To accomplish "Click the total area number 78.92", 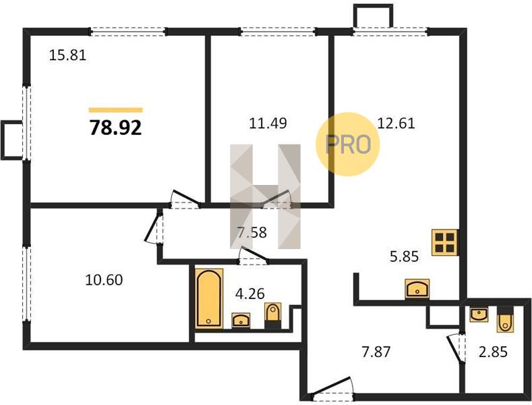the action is point(115,128).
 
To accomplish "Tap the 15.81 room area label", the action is point(68,55).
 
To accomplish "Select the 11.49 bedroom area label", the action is point(268,123).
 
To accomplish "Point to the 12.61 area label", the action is point(396,123).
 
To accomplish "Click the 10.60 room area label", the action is point(104,280).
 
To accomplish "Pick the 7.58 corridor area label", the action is point(252,233).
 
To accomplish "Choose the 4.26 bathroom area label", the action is point(250,294).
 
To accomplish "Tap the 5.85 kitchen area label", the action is point(404,256).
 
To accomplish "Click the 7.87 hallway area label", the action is point(376,352).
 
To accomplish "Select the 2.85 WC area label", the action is point(493,352).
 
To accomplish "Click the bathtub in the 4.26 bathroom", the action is point(209,298).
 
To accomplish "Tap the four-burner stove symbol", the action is point(445,242).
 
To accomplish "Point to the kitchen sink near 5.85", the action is point(417,289).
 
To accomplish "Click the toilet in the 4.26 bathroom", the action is point(273,316).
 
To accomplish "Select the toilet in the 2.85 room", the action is point(505,319).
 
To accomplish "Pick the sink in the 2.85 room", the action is point(479,314).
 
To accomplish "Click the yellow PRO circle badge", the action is point(348,144).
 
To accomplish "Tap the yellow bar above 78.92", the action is point(116,110).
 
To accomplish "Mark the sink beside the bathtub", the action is point(241,321).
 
